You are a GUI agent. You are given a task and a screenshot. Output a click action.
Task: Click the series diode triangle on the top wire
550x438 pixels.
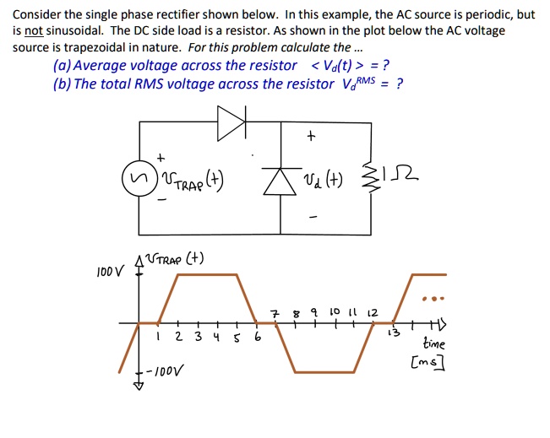pyautogui.click(x=230, y=125)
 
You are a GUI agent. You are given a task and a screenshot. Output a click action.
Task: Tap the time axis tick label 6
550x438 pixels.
pyautogui.click(x=257, y=338)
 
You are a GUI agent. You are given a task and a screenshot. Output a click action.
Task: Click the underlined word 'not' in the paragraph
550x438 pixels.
pyautogui.click(x=34, y=30)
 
